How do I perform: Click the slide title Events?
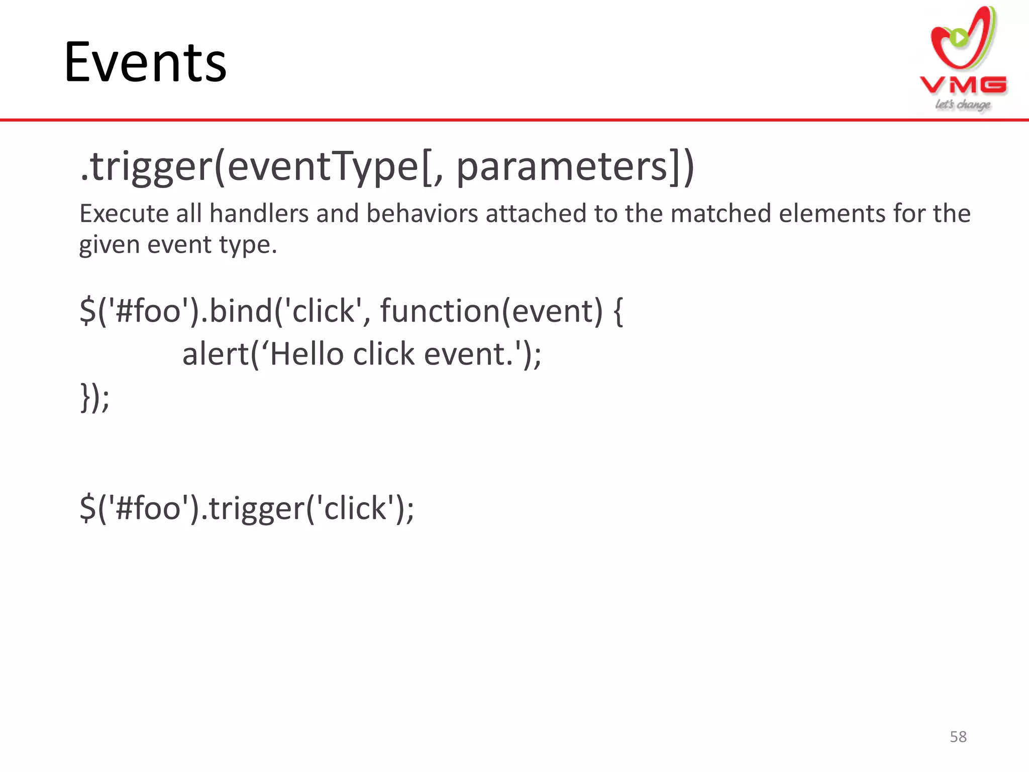[x=145, y=62]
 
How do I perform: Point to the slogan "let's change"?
[x=963, y=105]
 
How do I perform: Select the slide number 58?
[x=958, y=737]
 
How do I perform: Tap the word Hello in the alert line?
[x=306, y=354]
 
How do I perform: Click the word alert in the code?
[x=216, y=354]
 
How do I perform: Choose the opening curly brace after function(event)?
[x=619, y=311]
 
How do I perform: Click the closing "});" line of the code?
[x=94, y=397]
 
